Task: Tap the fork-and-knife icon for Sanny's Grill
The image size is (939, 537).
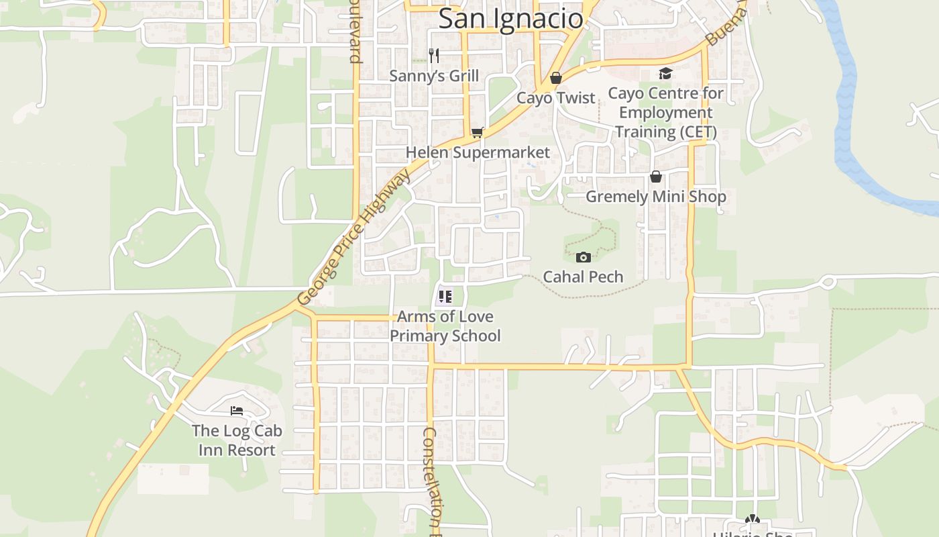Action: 434,56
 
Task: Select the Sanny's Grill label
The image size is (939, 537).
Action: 434,76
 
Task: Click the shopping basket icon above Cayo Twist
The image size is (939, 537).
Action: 555,78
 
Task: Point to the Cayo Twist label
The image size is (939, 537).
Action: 555,98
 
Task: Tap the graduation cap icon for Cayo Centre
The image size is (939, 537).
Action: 665,73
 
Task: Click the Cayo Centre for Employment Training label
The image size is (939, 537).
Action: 665,112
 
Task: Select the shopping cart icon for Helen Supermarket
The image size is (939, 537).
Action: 477,132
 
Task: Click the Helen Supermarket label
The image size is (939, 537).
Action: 477,152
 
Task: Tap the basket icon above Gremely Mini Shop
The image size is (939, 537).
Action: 655,177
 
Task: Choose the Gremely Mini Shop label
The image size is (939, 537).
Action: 655,197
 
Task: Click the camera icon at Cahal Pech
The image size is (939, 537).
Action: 583,257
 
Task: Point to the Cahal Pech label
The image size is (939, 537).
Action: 583,277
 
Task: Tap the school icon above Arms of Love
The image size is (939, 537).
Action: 445,296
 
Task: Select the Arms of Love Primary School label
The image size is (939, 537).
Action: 445,326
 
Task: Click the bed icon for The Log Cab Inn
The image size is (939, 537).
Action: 236,410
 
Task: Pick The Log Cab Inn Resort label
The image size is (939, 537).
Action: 237,440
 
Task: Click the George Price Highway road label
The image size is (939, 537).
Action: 353,237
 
